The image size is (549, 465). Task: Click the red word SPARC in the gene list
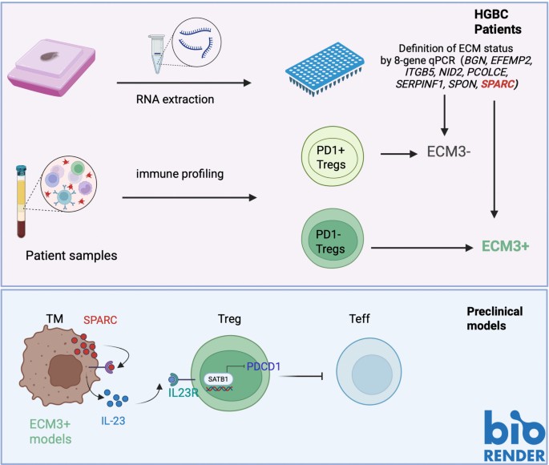coord(498,84)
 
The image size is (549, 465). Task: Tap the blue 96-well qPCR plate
coord(325,69)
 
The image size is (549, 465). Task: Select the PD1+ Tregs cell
coord(333,156)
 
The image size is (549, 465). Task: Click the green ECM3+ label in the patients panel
coord(505,246)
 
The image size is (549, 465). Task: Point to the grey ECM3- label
coord(449,152)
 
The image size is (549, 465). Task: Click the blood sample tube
coord(22,201)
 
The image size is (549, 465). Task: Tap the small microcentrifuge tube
coord(157,54)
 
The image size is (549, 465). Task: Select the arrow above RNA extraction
coord(184,83)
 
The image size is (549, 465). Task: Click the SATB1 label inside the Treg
coord(218,379)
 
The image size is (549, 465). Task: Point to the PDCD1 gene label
coord(264,366)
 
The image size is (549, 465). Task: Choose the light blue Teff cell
coord(369,371)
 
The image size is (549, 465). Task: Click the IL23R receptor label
coord(183,393)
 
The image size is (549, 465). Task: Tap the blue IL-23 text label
coord(113,421)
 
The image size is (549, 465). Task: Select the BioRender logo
coord(515,436)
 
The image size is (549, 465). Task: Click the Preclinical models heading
coord(495,318)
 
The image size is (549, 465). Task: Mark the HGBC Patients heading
coord(498,22)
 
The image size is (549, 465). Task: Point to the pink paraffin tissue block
coord(52,68)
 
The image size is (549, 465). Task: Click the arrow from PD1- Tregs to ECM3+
coord(422,248)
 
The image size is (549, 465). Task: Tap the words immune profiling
coord(180,174)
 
